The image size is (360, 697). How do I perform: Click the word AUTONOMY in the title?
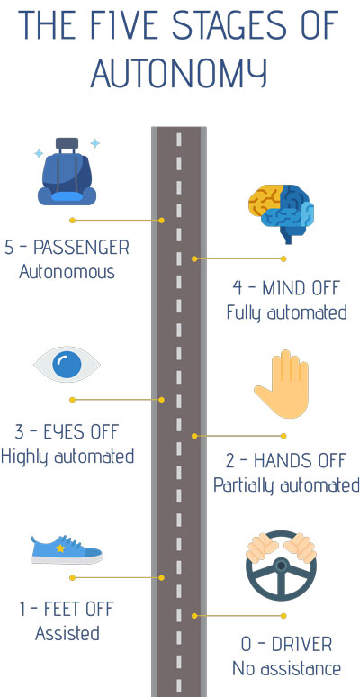coord(179,71)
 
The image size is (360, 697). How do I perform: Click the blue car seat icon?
coord(67,172)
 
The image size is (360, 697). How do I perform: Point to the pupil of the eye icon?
coord(67,364)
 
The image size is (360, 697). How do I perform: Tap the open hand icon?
coord(282,384)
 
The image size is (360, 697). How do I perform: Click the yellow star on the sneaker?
coord(60,548)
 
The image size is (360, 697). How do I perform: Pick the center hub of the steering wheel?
coord(281,566)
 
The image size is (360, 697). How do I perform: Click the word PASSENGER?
coord(81,248)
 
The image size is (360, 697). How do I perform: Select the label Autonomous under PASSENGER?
coord(67,272)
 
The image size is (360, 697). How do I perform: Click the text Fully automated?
coord(287,312)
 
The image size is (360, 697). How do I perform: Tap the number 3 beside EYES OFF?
coord(19,431)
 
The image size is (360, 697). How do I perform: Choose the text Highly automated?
coord(67,457)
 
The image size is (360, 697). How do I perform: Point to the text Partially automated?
coord(286,485)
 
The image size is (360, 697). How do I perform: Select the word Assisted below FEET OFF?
coord(67,633)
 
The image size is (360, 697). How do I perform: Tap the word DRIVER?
coord(301,644)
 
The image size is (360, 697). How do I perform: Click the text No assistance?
coord(287,668)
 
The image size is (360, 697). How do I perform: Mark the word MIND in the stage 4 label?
coord(283,288)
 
